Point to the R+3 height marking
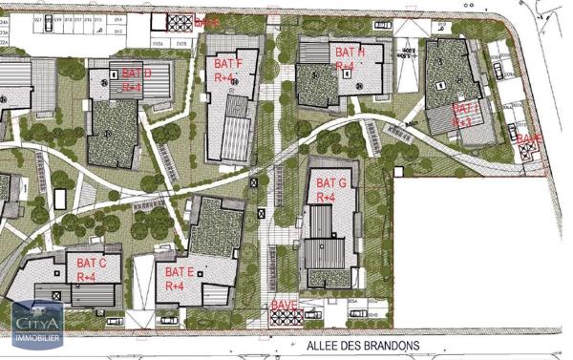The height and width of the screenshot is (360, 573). point(462,122)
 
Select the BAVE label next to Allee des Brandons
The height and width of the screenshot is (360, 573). point(285,306)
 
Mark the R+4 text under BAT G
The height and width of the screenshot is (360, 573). point(326,197)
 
